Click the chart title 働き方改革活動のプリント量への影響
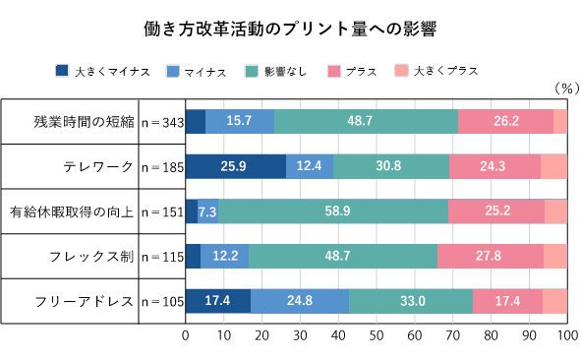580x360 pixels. (x=290, y=30)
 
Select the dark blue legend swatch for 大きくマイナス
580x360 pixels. (x=62, y=71)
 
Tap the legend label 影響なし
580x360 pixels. (x=285, y=71)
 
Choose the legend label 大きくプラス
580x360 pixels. (x=445, y=70)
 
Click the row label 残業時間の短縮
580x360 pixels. (x=84, y=121)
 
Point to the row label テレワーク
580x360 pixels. (x=98, y=166)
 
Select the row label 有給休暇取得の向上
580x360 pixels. (x=72, y=211)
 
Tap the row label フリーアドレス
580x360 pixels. (x=84, y=301)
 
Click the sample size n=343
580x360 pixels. (x=162, y=122)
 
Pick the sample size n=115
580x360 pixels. (x=162, y=257)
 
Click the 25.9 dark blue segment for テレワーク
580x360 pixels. (x=236, y=166)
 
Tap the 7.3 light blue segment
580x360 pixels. (x=207, y=211)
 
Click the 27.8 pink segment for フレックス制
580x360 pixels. (x=491, y=256)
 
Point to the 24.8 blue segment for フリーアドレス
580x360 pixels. (x=300, y=301)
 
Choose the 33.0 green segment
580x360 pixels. (x=411, y=301)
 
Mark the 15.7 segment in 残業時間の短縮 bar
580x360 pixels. (x=240, y=121)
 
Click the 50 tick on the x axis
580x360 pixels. (x=377, y=335)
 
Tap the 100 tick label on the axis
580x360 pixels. (x=568, y=335)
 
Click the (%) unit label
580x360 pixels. (x=566, y=89)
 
